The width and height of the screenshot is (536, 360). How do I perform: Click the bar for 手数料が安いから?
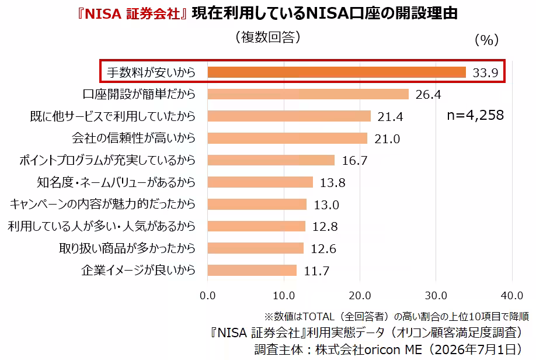click(x=337, y=72)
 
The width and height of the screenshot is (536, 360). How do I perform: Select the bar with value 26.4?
click(x=308, y=94)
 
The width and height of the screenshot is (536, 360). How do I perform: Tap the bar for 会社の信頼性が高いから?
click(x=287, y=139)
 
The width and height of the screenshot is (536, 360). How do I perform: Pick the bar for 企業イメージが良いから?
click(x=252, y=271)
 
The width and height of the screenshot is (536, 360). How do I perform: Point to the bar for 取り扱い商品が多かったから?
click(x=255, y=248)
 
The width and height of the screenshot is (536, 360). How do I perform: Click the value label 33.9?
click(x=485, y=72)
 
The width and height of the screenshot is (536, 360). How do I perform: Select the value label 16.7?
click(x=355, y=161)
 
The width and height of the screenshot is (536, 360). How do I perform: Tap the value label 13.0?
click(x=326, y=205)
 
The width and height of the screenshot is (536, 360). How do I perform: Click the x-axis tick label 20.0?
click(x=360, y=296)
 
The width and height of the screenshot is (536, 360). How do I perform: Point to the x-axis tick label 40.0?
click(x=512, y=296)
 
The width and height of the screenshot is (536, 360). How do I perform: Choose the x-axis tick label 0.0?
click(x=207, y=296)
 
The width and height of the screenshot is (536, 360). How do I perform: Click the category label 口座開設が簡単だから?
click(x=139, y=94)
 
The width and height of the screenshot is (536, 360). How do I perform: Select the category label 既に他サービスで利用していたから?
click(x=113, y=116)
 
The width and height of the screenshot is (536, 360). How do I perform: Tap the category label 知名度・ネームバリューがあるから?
click(x=116, y=182)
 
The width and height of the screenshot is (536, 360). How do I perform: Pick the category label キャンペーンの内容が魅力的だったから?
click(x=103, y=205)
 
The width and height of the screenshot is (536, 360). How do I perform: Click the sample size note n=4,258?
click(x=475, y=115)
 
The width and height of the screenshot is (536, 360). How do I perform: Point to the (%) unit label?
click(x=487, y=40)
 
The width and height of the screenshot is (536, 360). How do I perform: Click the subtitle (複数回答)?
click(x=268, y=37)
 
